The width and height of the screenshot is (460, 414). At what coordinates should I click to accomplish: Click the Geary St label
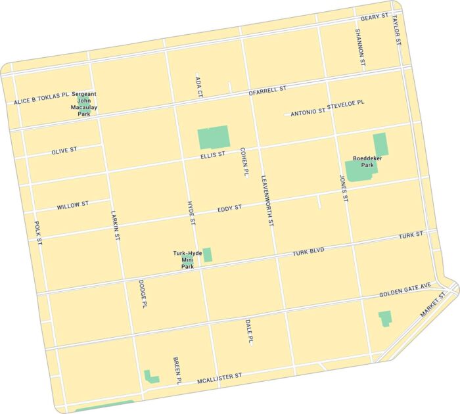pyautogui.click(x=375, y=17)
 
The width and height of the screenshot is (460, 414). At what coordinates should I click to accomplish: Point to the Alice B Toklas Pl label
pyautogui.click(x=41, y=100)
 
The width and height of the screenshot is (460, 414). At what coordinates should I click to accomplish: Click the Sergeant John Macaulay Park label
pyautogui.click(x=84, y=104)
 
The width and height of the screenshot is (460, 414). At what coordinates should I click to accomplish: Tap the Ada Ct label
pyautogui.click(x=198, y=86)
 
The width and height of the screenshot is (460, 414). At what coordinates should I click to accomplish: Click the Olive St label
pyautogui.click(x=64, y=150)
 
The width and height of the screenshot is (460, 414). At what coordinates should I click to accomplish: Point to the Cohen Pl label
pyautogui.click(x=244, y=162)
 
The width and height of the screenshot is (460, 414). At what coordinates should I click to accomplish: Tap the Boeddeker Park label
pyautogui.click(x=363, y=162)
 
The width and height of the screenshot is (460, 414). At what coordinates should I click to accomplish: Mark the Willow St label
pyautogui.click(x=72, y=206)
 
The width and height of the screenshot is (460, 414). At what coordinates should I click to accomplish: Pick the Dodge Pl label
pyautogui.click(x=142, y=294)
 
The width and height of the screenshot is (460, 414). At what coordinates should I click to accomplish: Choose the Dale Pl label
pyautogui.click(x=249, y=332)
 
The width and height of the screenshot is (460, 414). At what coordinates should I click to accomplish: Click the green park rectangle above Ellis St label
pyautogui.click(x=214, y=137)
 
